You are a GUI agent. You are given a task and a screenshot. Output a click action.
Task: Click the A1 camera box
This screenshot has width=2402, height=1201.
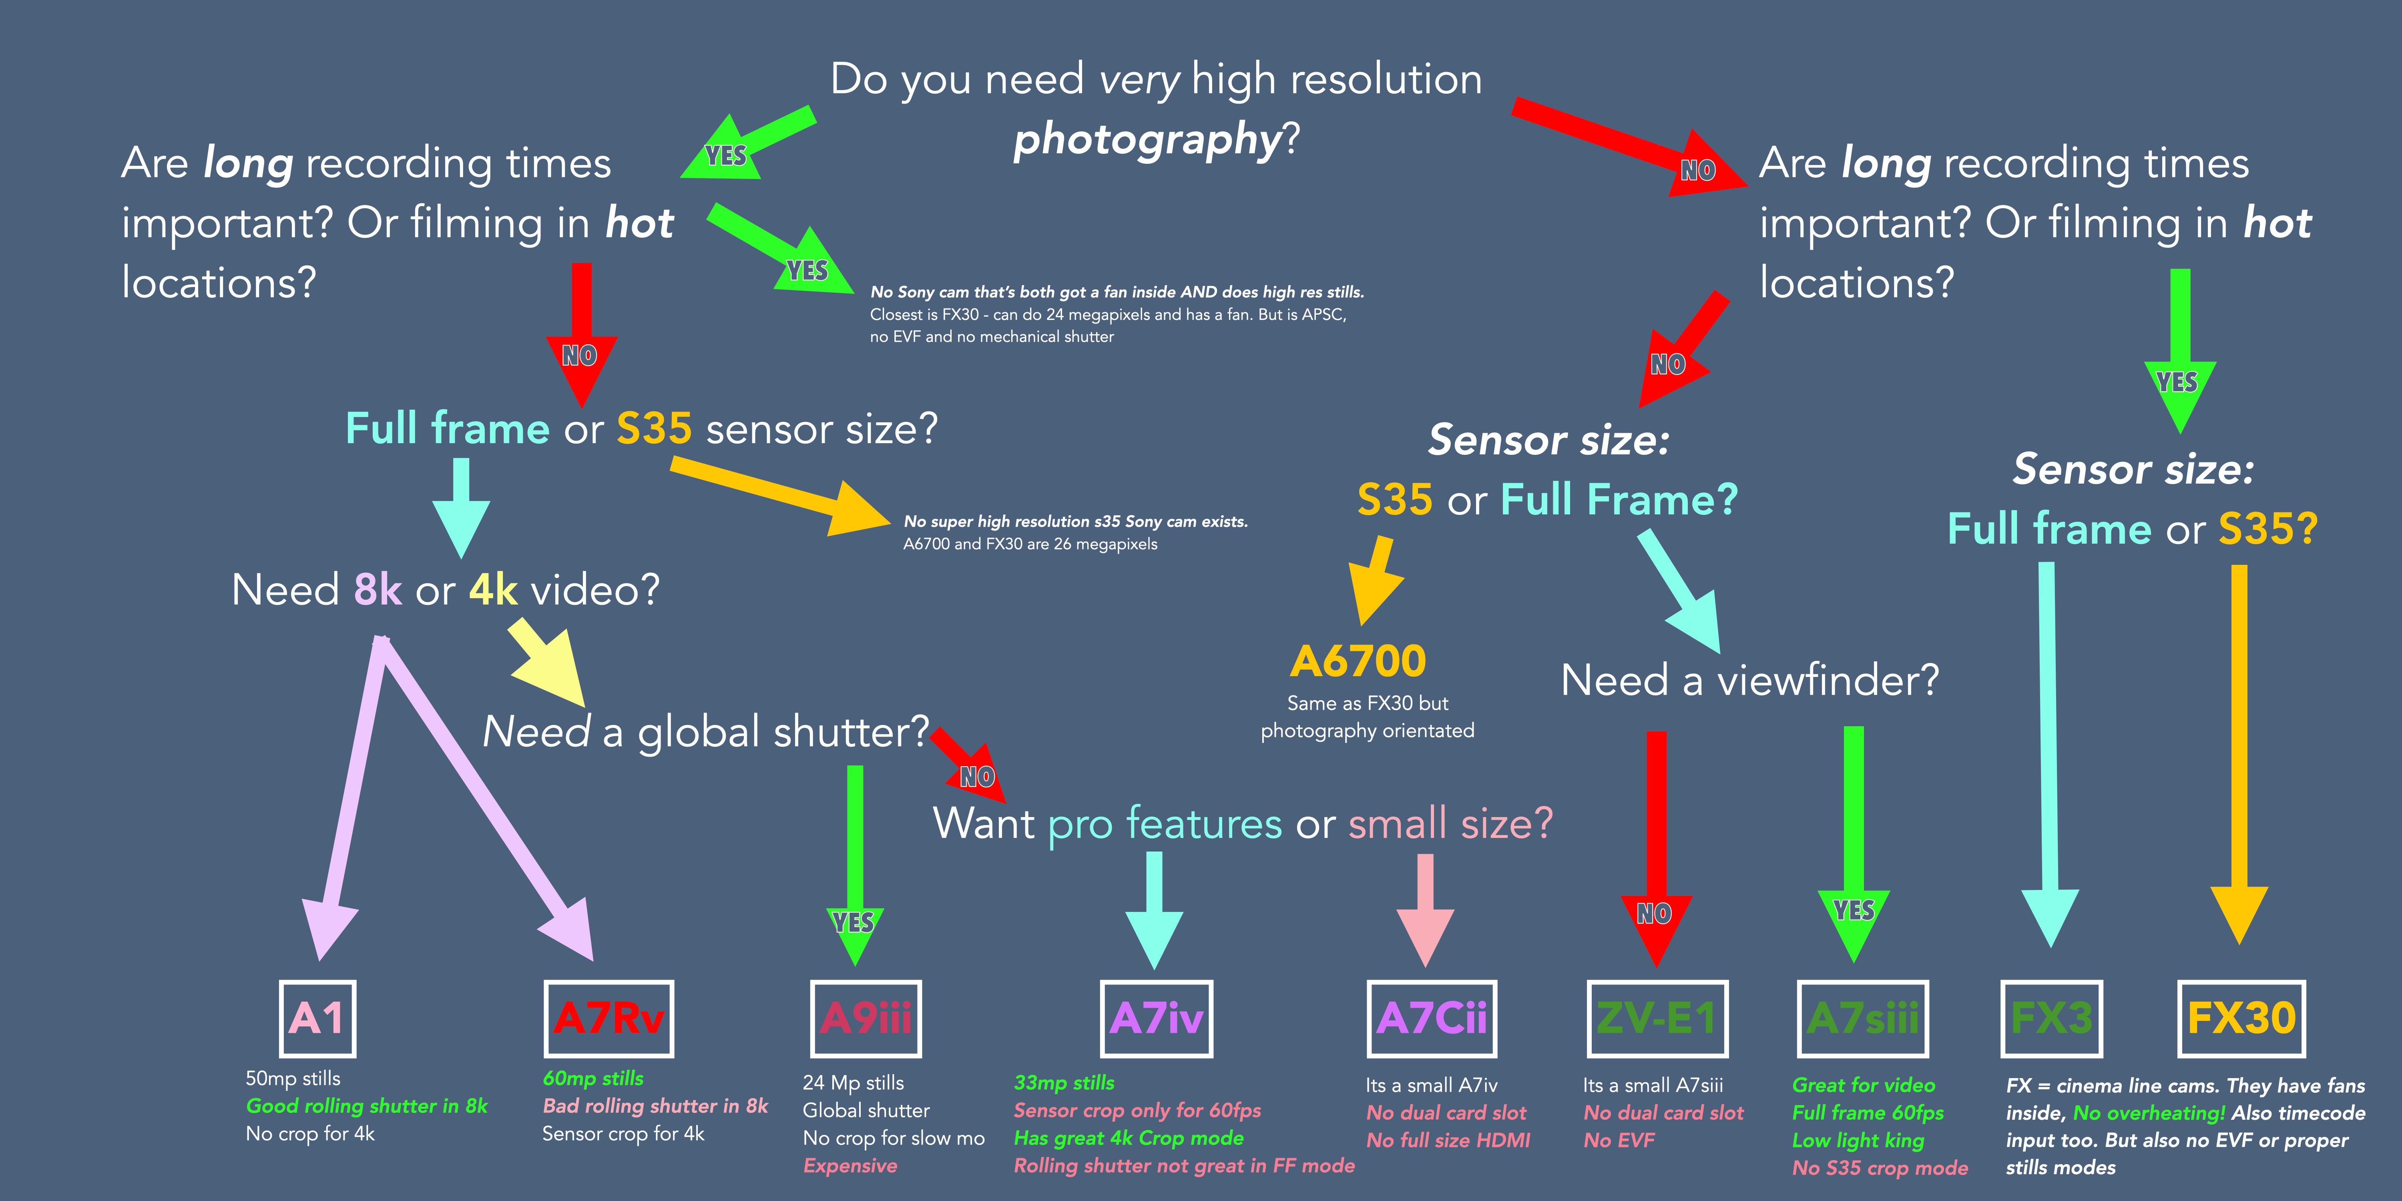pos(317,1018)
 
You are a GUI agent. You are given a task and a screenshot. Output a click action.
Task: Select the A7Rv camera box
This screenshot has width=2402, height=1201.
pos(608,1018)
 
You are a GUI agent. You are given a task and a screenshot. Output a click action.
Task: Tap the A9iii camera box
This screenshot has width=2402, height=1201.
pos(865,1018)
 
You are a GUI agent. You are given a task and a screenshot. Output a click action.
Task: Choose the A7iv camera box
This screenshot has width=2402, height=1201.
pos(1156,1018)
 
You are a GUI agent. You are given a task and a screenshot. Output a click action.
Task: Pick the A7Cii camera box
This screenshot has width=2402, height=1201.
pos(1431,1018)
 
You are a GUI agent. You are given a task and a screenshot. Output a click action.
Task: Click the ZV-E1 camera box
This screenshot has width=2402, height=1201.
pos(1657,1018)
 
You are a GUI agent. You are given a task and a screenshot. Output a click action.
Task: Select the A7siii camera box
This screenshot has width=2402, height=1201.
pos(1862,1018)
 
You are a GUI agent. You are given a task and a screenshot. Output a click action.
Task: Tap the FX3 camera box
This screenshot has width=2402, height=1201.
pos(2051,1018)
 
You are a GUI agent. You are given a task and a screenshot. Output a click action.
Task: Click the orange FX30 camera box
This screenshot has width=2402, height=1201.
pos(2241,1018)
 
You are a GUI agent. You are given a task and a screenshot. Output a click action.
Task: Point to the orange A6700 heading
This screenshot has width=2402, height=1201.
pos(1358,662)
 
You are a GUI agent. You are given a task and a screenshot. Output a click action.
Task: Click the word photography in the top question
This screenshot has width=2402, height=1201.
pos(1147,140)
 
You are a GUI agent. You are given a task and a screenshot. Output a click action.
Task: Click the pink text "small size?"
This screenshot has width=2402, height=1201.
pos(1450,823)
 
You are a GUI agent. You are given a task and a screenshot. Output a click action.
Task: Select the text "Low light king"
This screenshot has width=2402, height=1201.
pos(1858,1141)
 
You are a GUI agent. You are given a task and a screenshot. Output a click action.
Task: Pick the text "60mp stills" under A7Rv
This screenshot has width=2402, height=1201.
pos(593,1079)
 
